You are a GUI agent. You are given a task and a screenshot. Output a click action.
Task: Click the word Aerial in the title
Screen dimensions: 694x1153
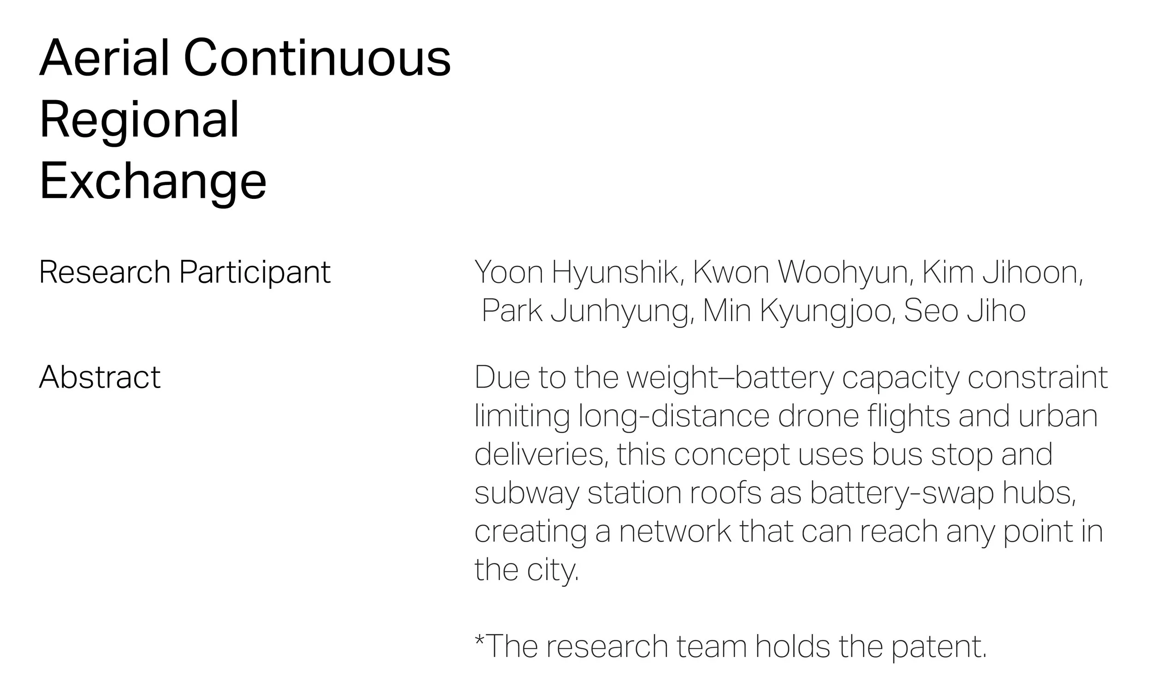point(104,58)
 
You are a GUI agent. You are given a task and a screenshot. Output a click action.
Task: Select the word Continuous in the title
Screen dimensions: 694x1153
point(317,58)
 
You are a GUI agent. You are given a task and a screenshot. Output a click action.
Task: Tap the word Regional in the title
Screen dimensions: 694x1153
point(139,120)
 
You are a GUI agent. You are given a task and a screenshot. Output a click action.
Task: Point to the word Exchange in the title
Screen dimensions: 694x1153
point(153,181)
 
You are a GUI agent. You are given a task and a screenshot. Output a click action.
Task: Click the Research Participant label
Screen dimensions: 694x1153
point(184,272)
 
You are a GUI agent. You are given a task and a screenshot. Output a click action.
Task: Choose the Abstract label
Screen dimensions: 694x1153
point(100,377)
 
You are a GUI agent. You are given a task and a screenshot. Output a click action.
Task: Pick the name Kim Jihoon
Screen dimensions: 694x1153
point(1002,272)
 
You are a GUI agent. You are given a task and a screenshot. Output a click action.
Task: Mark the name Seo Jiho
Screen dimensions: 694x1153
point(965,311)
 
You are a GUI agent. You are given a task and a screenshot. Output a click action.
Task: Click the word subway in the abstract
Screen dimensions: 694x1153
point(526,494)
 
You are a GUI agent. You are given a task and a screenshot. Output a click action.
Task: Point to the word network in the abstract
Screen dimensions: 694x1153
point(675,531)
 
